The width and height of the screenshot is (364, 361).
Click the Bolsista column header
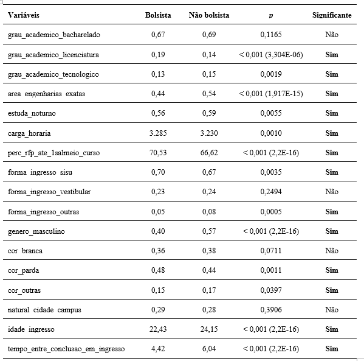point(158,15)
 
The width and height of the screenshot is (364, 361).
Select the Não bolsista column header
point(209,15)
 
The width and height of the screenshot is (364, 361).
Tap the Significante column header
point(331,15)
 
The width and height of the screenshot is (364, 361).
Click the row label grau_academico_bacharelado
point(54,35)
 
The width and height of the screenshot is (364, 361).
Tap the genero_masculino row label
point(36,231)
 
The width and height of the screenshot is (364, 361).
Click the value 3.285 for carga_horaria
point(158,133)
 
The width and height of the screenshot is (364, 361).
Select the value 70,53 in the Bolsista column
point(158,153)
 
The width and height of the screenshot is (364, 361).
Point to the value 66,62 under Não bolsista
point(209,153)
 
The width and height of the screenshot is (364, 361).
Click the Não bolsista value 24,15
point(209,329)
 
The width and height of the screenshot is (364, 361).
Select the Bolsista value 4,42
point(158,349)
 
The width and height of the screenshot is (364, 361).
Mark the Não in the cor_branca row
point(331,251)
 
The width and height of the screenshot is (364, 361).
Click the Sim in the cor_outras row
point(331,290)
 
